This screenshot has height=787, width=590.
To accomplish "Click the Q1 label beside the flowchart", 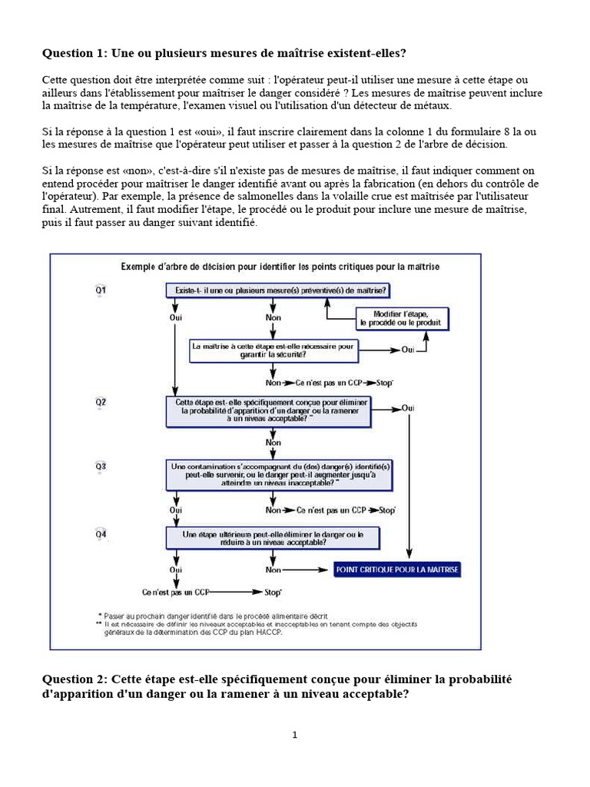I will coord(101,291).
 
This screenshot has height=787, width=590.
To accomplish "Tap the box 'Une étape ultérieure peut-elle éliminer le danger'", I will coord(273,537).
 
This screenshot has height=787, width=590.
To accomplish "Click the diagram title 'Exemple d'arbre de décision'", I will coord(280,266).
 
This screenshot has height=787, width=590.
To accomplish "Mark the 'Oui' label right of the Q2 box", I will coord(409,407).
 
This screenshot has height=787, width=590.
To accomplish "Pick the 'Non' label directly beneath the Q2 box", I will coord(273,443).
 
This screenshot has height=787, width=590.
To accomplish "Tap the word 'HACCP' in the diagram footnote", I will coord(267,633).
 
